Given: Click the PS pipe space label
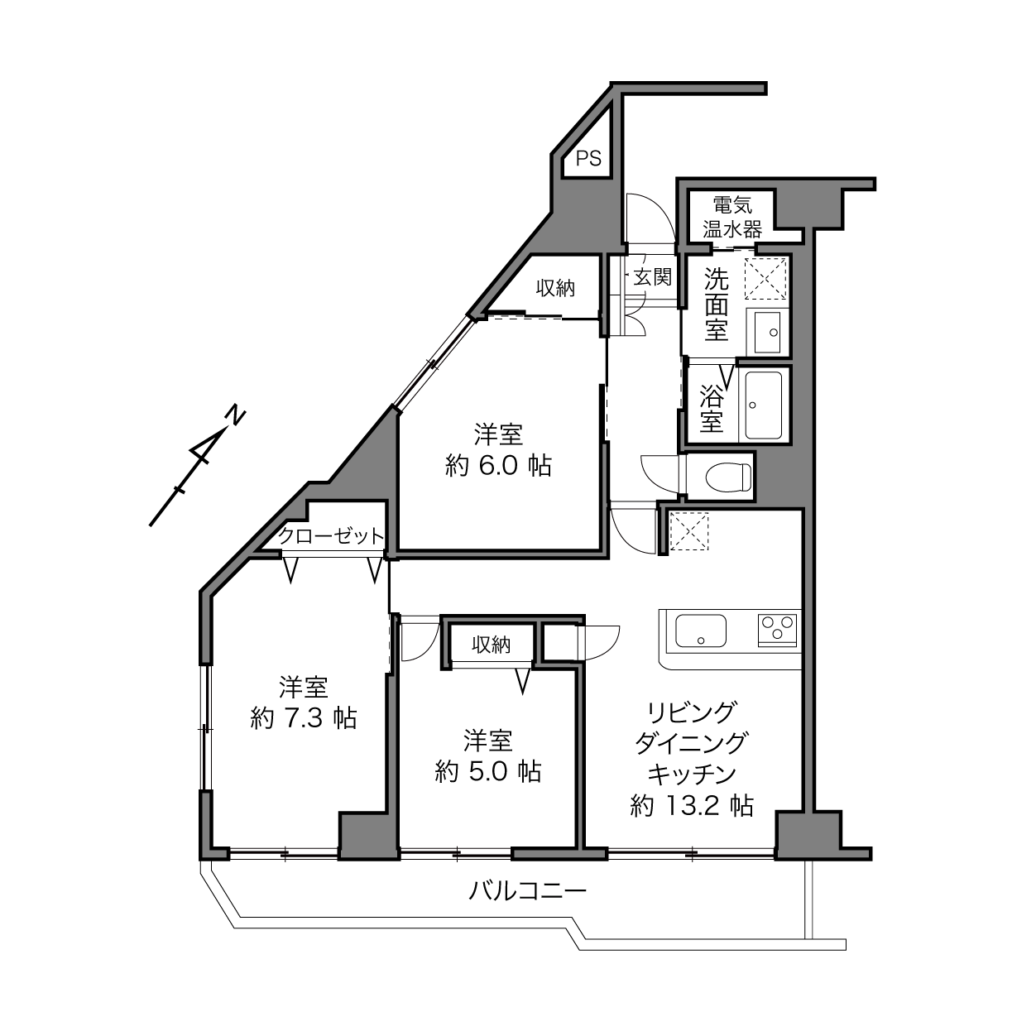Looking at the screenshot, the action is tap(588, 159).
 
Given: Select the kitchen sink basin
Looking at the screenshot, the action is tap(701, 631).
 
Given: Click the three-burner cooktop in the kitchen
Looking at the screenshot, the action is tap(777, 630).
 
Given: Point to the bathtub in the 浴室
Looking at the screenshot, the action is tap(764, 405).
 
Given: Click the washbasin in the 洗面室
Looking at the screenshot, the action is tap(767, 333).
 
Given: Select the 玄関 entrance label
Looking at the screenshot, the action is tap(653, 277).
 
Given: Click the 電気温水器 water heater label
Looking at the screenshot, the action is tap(732, 217).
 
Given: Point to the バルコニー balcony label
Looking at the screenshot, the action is tap(527, 891).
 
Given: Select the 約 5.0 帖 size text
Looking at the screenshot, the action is tap(488, 772).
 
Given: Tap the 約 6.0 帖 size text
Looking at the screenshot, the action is tap(498, 466).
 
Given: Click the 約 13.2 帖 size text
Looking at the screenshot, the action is tap(692, 805).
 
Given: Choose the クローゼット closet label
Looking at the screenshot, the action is tap(332, 536).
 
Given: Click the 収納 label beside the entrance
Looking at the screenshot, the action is tap(555, 289).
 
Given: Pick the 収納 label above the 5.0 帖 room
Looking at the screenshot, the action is tap(492, 645).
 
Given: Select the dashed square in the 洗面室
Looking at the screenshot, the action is tap(765, 279).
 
